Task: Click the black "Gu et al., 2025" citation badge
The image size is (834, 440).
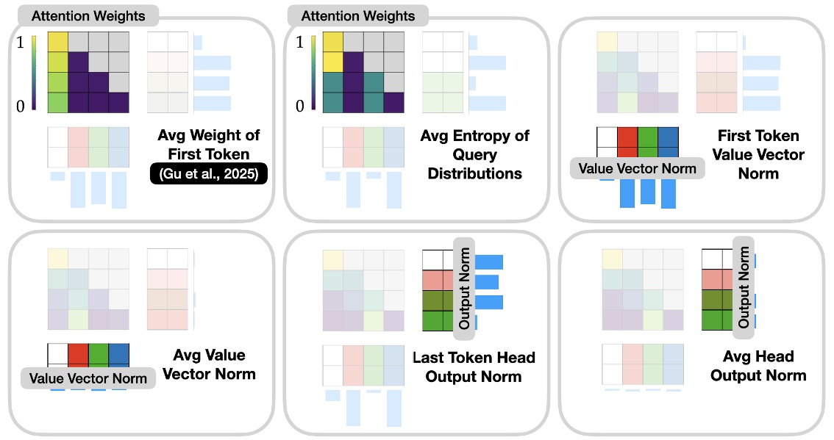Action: pyautogui.click(x=208, y=175)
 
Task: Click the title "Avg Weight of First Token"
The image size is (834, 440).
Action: pyautogui.click(x=208, y=145)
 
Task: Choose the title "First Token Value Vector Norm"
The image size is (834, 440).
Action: pyautogui.click(x=758, y=155)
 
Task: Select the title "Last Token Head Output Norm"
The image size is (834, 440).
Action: pyautogui.click(x=474, y=367)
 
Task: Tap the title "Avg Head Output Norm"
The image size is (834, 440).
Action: pyautogui.click(x=758, y=366)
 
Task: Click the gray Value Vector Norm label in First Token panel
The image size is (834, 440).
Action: pyautogui.click(x=638, y=168)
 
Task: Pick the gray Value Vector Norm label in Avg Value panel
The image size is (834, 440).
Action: pyautogui.click(x=88, y=378)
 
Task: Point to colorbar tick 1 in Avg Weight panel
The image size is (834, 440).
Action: pyautogui.click(x=20, y=43)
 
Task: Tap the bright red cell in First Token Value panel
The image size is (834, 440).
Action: pyautogui.click(x=627, y=137)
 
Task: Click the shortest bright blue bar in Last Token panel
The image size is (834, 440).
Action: pyautogui.click(x=477, y=322)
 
